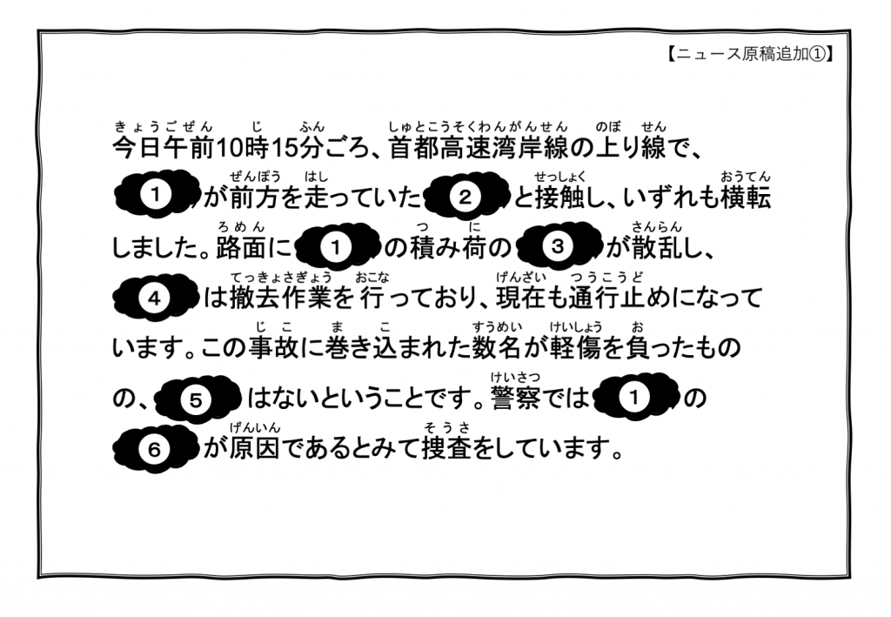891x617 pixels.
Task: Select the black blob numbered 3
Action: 559,247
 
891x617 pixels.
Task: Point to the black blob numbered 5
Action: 196,399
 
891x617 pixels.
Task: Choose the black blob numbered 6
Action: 156,449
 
